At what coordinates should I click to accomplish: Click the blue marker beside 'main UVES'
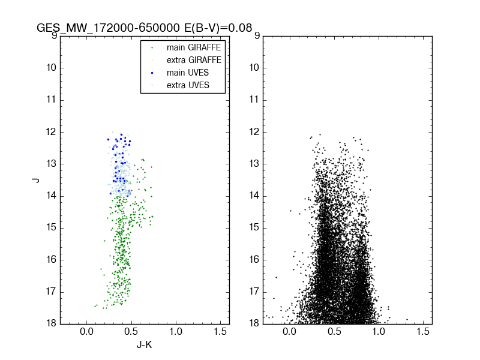coord(152,73)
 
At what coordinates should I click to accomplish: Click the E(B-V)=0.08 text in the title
coord(215,28)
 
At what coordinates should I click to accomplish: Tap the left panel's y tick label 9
coord(54,35)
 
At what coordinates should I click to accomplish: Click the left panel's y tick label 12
coord(52,131)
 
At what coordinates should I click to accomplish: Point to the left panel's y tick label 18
coord(52,323)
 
